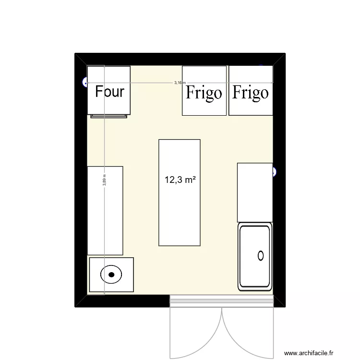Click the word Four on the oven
pyautogui.click(x=109, y=91)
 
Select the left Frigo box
pyautogui.click(x=204, y=91)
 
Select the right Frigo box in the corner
pyautogui.click(x=251, y=91)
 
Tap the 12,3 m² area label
pyautogui.click(x=180, y=180)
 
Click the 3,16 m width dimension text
pyautogui.click(x=179, y=83)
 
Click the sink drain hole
pyautogui.click(x=261, y=255)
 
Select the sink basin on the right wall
pyautogui.click(x=255, y=256)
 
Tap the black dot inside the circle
pyautogui.click(x=111, y=275)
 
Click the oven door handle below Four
pyautogui.click(x=109, y=116)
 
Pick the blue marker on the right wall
pyautogui.click(x=275, y=171)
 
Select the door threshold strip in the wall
pyautogui.click(x=222, y=301)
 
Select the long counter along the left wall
pyautogui.click(x=105, y=210)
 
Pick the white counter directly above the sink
pyautogui.click(x=255, y=192)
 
